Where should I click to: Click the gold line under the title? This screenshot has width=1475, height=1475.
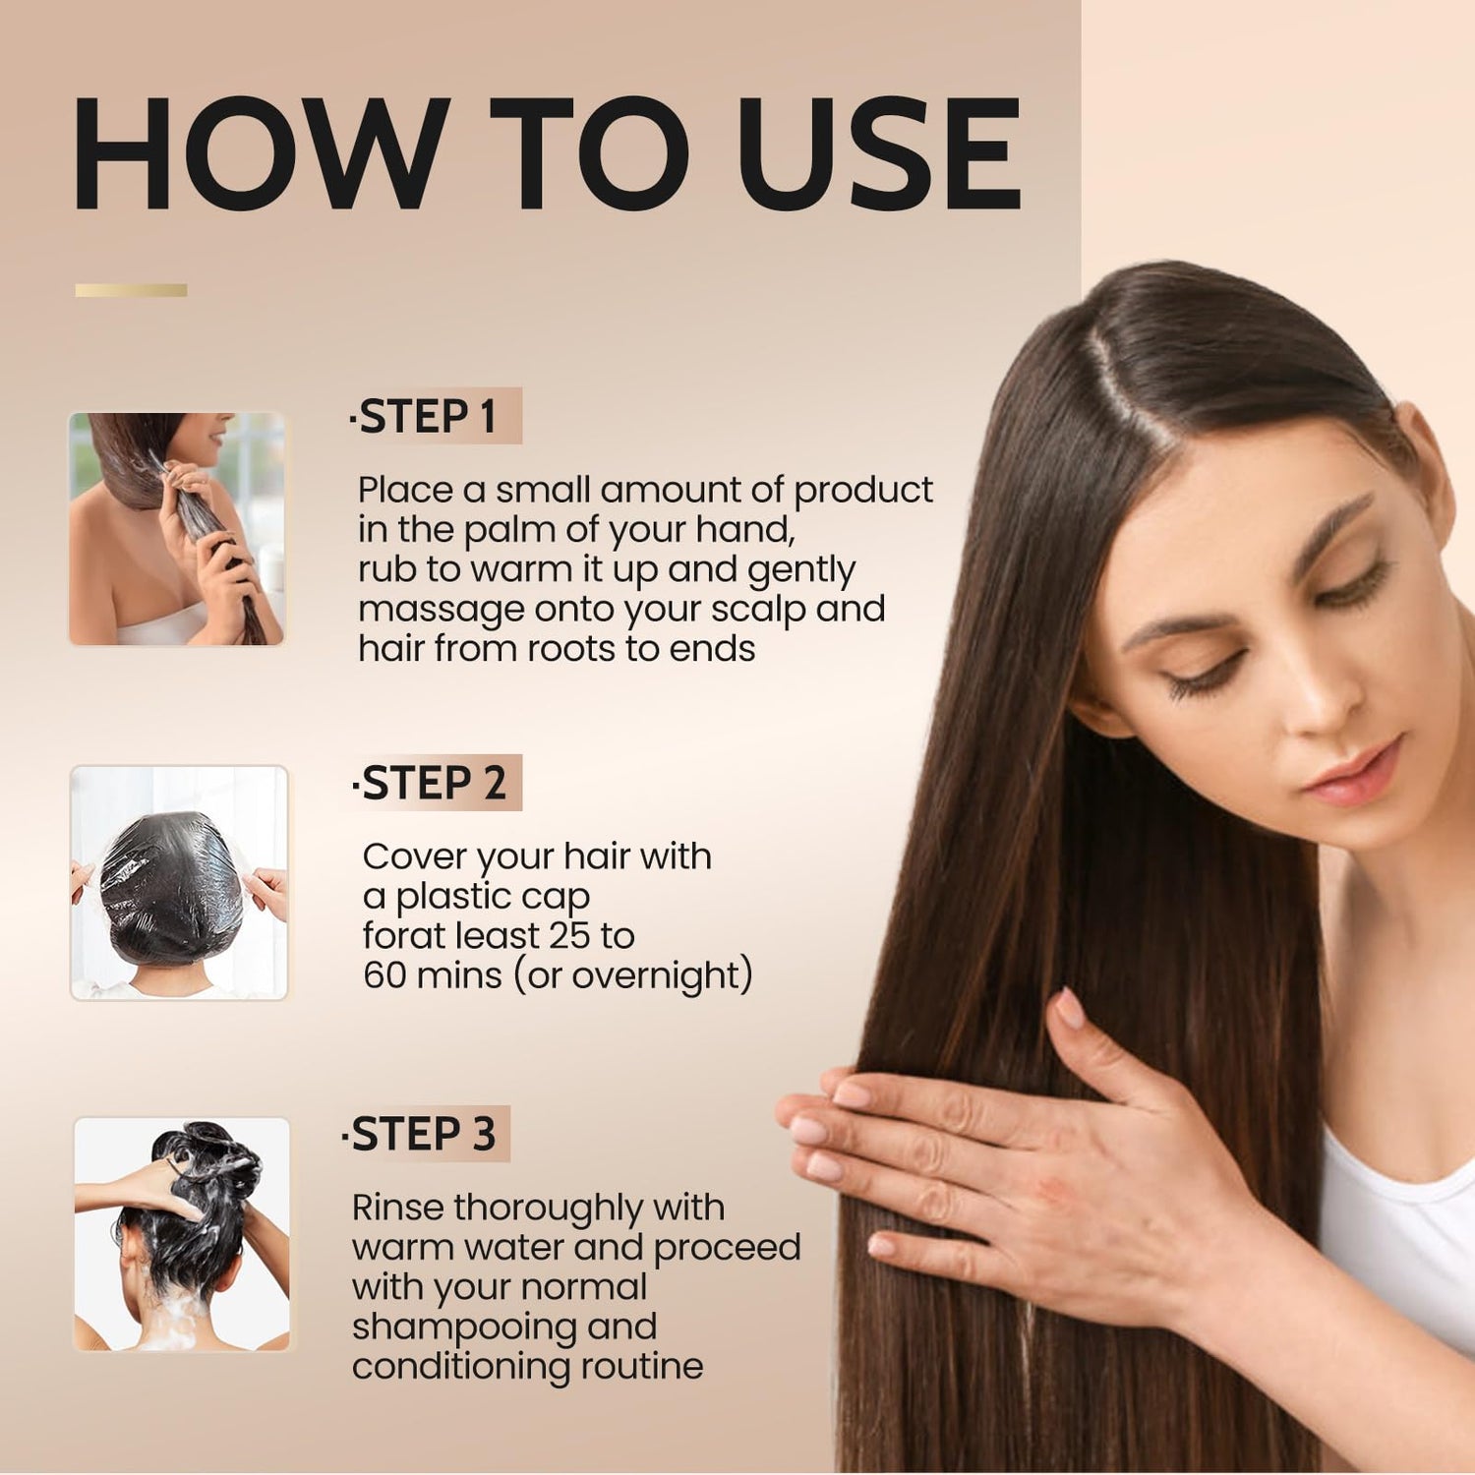click(131, 290)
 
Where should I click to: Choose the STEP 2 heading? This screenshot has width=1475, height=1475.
click(433, 784)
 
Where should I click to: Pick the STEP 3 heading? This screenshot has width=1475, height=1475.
click(423, 1134)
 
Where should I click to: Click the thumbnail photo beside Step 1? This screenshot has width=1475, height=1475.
click(177, 529)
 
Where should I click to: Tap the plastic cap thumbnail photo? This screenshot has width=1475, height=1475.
click(179, 883)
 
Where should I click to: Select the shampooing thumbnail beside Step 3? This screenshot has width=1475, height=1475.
click(182, 1234)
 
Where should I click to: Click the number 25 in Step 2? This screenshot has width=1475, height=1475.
click(569, 935)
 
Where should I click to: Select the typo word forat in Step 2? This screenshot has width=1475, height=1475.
click(401, 935)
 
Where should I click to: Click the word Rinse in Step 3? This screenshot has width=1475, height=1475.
click(397, 1208)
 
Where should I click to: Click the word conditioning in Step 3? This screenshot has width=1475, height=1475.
click(461, 1367)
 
